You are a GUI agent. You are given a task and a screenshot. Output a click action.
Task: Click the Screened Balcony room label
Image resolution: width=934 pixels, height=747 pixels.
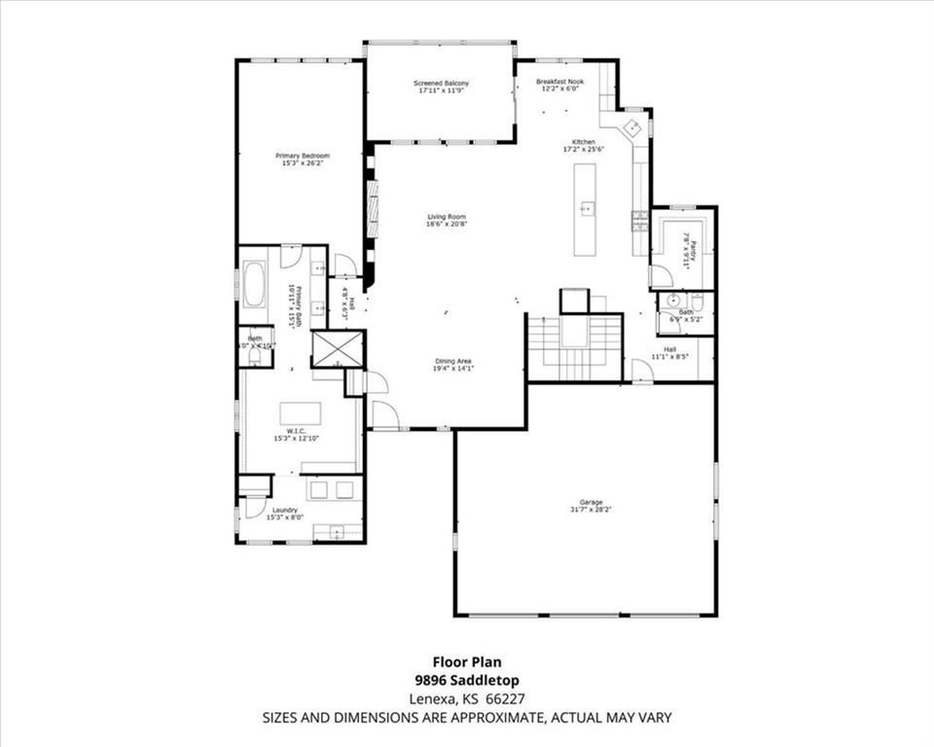click(443, 84)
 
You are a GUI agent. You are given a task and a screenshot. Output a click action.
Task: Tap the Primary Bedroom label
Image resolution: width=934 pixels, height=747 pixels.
click(302, 156)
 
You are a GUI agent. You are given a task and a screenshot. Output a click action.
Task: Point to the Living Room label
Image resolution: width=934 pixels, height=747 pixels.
click(447, 216)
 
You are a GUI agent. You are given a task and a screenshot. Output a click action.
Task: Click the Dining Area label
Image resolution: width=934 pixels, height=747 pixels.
click(452, 362)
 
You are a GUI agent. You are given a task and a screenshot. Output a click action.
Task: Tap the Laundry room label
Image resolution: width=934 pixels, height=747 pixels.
click(285, 510)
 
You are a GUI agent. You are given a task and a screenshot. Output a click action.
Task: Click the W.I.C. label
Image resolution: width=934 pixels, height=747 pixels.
click(297, 430)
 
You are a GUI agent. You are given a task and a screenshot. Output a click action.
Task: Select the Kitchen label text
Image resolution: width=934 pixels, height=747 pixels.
click(583, 142)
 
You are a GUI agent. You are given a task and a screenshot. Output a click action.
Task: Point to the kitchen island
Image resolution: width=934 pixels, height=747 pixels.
click(585, 209)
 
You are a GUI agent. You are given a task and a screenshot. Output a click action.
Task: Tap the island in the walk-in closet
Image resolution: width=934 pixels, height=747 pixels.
click(301, 413)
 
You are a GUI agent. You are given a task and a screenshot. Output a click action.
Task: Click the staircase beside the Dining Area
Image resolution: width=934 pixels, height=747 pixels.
click(574, 347)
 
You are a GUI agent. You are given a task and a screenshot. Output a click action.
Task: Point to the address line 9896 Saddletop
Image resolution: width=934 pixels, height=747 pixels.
click(466, 681)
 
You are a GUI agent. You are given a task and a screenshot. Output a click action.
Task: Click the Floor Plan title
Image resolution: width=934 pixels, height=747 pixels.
click(467, 663)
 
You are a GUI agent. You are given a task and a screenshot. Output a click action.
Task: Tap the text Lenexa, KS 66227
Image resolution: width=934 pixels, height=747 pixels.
click(466, 699)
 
